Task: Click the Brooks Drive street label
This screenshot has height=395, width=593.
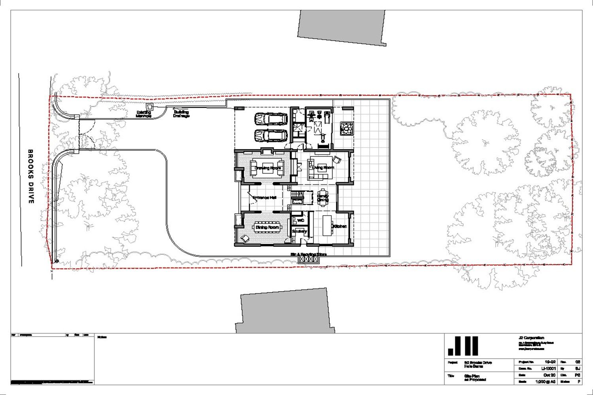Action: coord(31,177)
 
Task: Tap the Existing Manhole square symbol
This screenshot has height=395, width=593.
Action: coord(150,106)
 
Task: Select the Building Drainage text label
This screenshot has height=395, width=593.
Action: coord(181,114)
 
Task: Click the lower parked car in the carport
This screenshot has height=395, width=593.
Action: coord(271,135)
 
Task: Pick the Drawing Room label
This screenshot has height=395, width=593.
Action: coord(268,168)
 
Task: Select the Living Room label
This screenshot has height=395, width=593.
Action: coord(323,167)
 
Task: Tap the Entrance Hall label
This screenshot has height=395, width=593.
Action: coord(264,197)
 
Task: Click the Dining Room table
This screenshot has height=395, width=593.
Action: coord(268,228)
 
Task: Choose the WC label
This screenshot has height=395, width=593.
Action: coord(300,220)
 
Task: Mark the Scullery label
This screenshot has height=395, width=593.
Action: coord(299,231)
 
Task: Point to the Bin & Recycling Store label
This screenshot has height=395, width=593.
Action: coord(309,254)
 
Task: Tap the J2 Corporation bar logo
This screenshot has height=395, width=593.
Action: coord(463,346)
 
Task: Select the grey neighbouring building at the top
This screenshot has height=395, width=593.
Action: coord(341,26)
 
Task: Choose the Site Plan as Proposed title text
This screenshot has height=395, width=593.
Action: coord(475,378)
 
